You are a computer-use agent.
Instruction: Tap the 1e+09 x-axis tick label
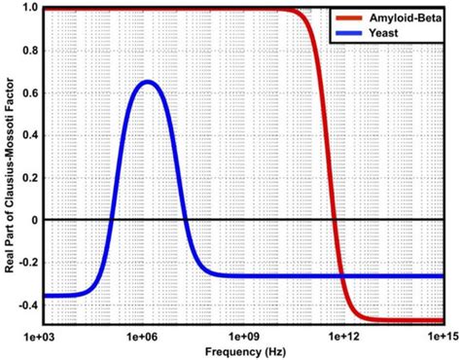243,336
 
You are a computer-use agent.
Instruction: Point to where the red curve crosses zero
334,220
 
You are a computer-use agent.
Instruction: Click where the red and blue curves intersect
341,275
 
